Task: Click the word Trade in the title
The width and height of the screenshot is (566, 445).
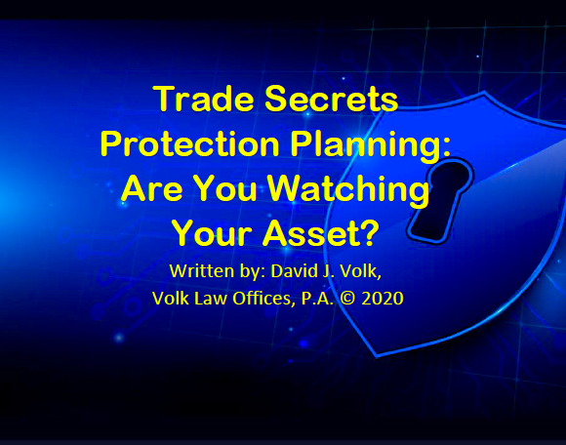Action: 204,99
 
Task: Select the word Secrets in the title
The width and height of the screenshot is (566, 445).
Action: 332,99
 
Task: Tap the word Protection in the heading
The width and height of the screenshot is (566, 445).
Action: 190,143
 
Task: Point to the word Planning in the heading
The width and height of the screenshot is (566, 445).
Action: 366,145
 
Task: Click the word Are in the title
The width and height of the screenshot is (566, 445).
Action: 151,188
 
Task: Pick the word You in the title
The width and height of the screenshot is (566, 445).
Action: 226,188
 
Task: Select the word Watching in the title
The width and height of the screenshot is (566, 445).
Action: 348,191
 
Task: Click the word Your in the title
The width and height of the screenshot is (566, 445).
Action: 212,233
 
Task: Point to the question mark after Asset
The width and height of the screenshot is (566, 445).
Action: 369,233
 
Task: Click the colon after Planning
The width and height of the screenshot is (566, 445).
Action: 446,147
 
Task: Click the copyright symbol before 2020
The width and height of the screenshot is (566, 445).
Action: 347,299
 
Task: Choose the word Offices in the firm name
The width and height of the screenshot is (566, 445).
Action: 262,300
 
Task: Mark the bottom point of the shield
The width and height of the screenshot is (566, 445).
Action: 377,356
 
